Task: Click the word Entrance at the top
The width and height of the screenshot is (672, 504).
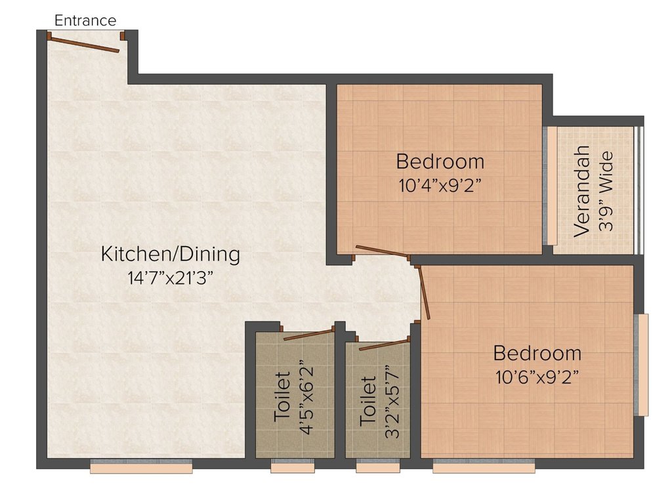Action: [85, 20]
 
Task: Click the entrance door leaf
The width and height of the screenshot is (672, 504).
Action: [83, 44]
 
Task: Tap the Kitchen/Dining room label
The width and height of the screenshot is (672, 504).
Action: [170, 254]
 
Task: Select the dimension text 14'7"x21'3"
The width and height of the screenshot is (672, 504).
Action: [170, 278]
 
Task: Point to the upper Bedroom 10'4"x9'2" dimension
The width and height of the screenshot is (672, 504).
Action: [440, 185]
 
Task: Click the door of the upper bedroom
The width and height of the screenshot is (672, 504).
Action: [381, 251]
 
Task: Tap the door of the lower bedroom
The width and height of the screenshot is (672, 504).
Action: [423, 293]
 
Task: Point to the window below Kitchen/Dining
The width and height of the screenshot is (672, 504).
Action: [141, 467]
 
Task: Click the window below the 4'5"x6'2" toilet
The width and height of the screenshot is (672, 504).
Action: [293, 467]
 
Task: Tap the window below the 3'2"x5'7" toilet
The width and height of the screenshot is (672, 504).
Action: [378, 467]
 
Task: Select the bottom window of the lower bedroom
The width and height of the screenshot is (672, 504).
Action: [484, 467]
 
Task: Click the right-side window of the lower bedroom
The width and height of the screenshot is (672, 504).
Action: [642, 365]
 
